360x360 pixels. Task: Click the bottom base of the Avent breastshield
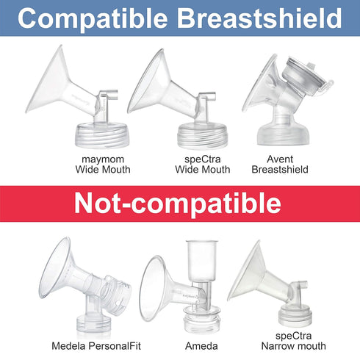pyautogui.click(x=286, y=133)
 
